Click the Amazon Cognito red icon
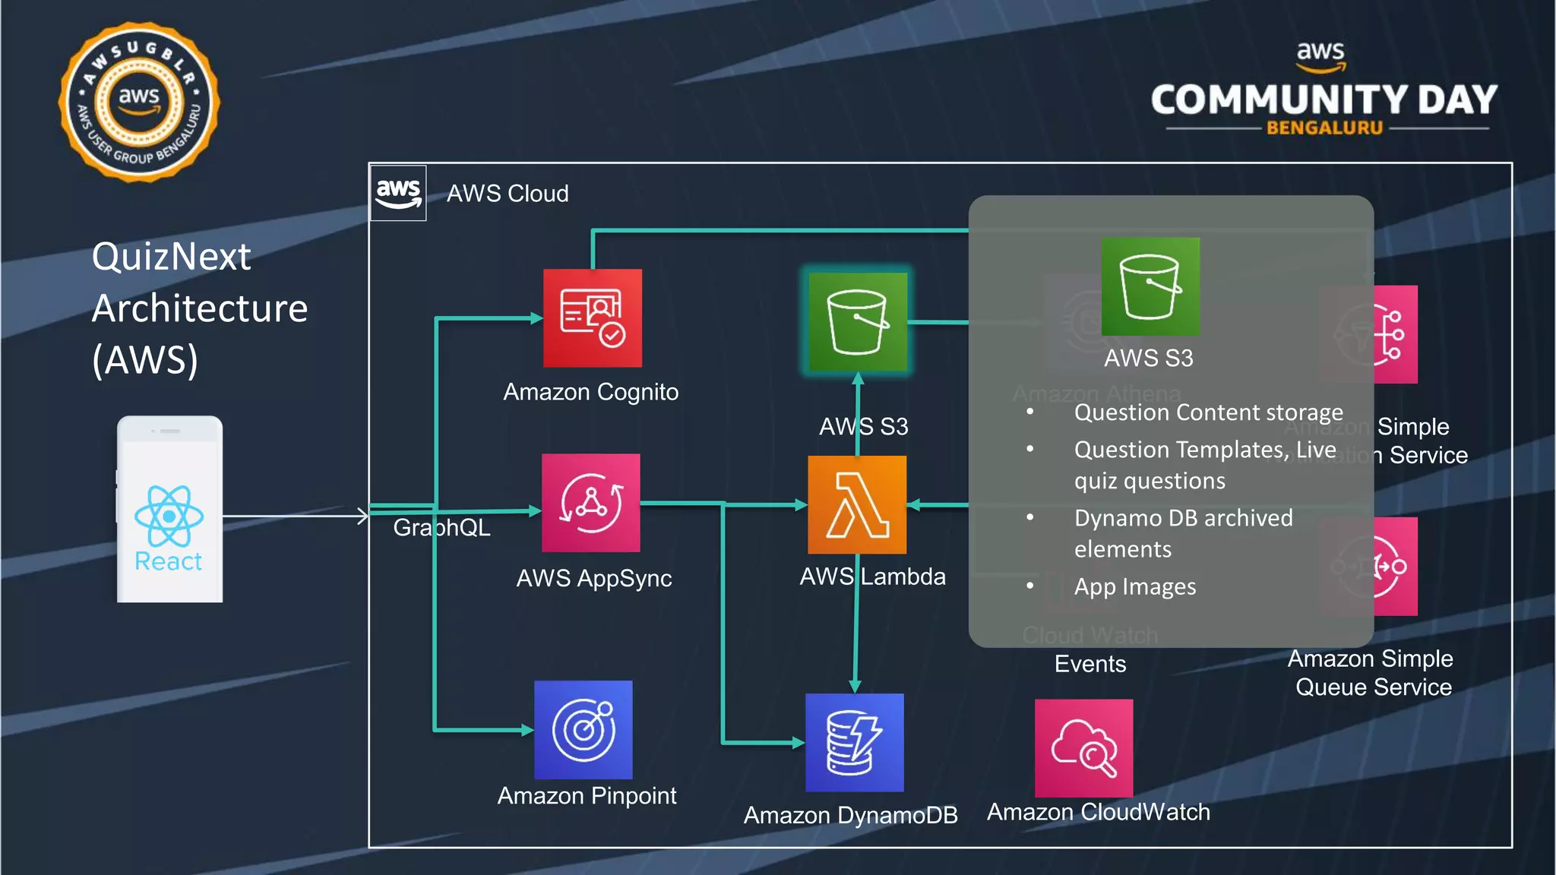(x=592, y=317)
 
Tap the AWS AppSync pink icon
(x=590, y=502)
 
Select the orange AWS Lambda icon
(x=856, y=504)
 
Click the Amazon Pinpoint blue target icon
(x=583, y=729)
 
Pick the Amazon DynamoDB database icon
(x=854, y=742)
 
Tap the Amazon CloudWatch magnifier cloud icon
(x=1083, y=748)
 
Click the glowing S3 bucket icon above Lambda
(x=857, y=322)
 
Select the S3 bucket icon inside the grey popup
(x=1150, y=286)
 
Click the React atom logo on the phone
(x=169, y=516)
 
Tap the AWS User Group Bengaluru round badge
(x=139, y=102)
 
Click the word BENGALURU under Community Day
(x=1324, y=128)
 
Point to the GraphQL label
(x=441, y=527)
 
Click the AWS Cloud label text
(x=508, y=194)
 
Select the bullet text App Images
(x=1134, y=587)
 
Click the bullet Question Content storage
(x=1208, y=412)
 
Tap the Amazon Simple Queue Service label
(x=1371, y=672)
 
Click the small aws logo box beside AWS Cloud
(x=398, y=193)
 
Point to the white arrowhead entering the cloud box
(x=363, y=516)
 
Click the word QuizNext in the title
(x=171, y=257)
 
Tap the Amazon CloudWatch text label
(x=1098, y=812)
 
